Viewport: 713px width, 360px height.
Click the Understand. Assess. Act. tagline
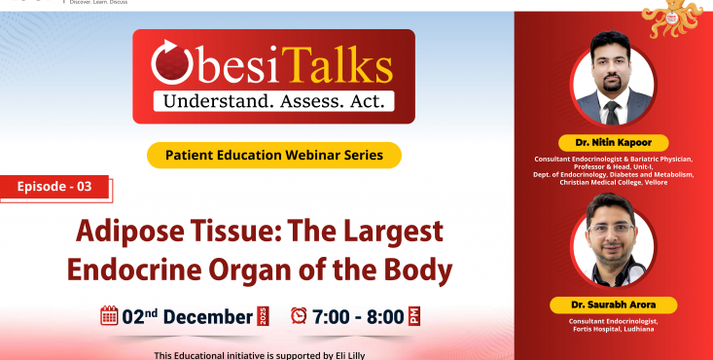pos(273,100)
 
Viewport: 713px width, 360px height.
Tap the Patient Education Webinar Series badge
pos(274,154)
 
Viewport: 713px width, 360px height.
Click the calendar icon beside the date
pos(109,315)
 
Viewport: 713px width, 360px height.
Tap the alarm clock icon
pos(299,315)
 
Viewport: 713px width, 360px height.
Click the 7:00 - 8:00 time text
pos(359,316)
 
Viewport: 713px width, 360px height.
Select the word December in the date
pos(207,316)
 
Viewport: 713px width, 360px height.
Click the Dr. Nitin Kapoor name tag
pos(613,142)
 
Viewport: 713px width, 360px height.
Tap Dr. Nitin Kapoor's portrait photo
pos(613,86)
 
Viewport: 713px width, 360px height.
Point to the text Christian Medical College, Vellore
pos(614,183)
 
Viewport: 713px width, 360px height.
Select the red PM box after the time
pos(414,316)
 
